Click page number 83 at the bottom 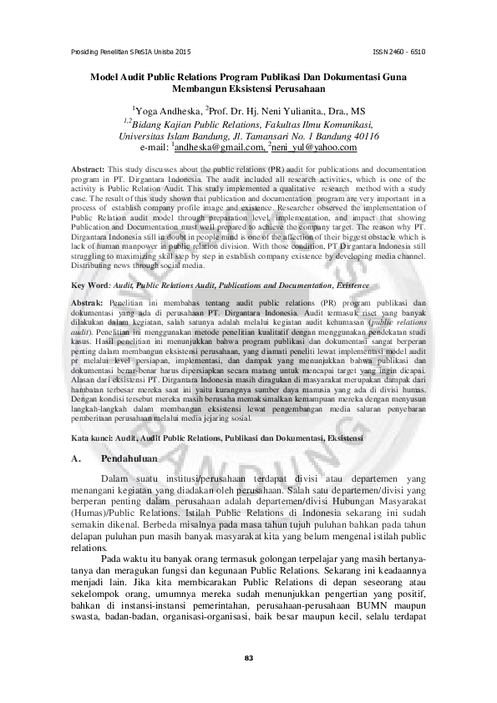[x=248, y=659]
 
